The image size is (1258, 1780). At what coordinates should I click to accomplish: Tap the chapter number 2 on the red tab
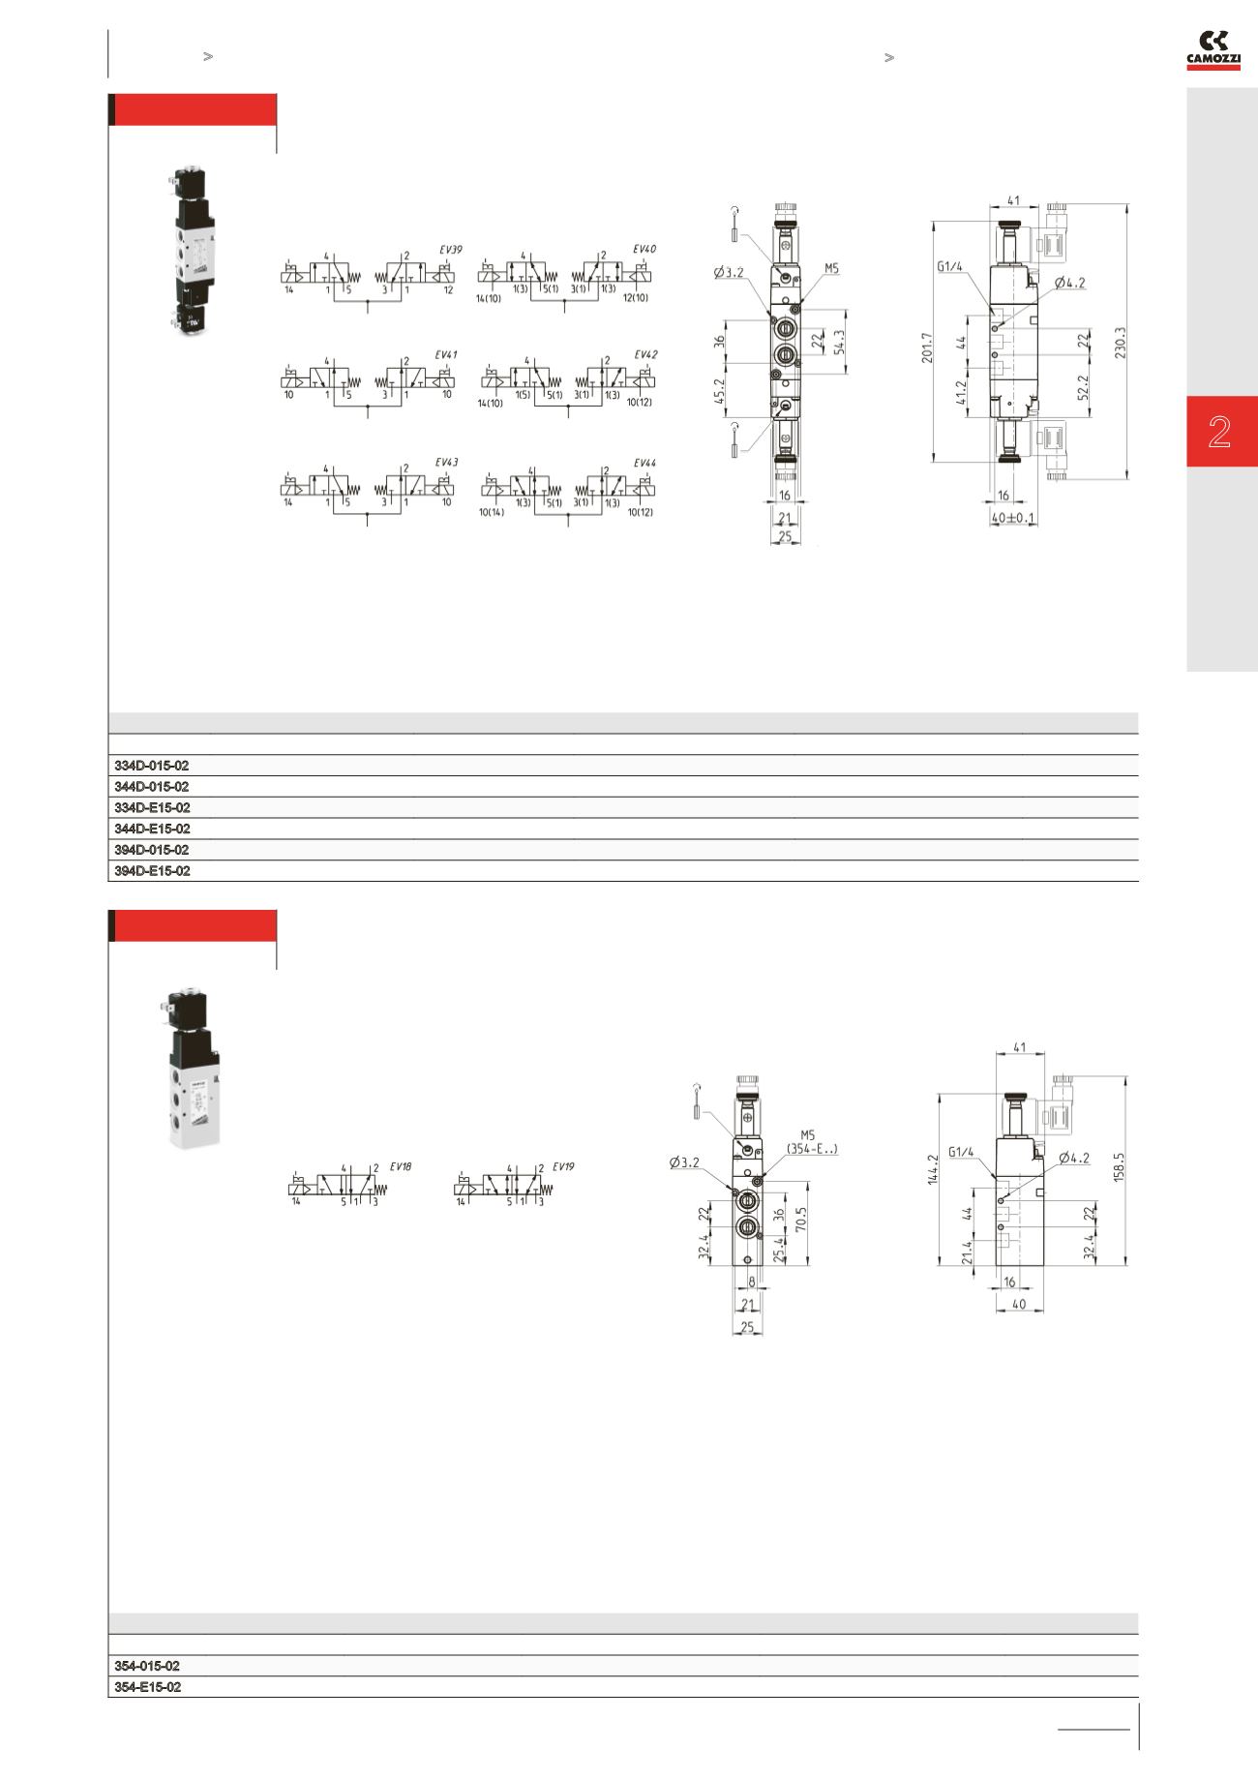pos(1219,432)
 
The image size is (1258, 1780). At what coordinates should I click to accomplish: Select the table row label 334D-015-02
pos(152,766)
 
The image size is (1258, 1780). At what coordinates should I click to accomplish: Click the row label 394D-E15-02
pos(152,871)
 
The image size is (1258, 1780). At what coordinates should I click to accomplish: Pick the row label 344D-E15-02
pos(152,830)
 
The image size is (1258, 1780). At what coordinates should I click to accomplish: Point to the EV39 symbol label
pos(451,250)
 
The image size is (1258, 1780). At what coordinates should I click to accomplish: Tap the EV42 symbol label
pos(645,355)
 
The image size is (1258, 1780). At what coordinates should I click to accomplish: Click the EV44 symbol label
pos(645,464)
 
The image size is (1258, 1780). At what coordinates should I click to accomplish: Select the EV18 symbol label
pos(401,1167)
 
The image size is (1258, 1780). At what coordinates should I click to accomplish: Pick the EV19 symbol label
pos(563,1167)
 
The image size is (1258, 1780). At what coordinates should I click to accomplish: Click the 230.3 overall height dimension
pos(1121,343)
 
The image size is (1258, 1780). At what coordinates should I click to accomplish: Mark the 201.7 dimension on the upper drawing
pos(926,347)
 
